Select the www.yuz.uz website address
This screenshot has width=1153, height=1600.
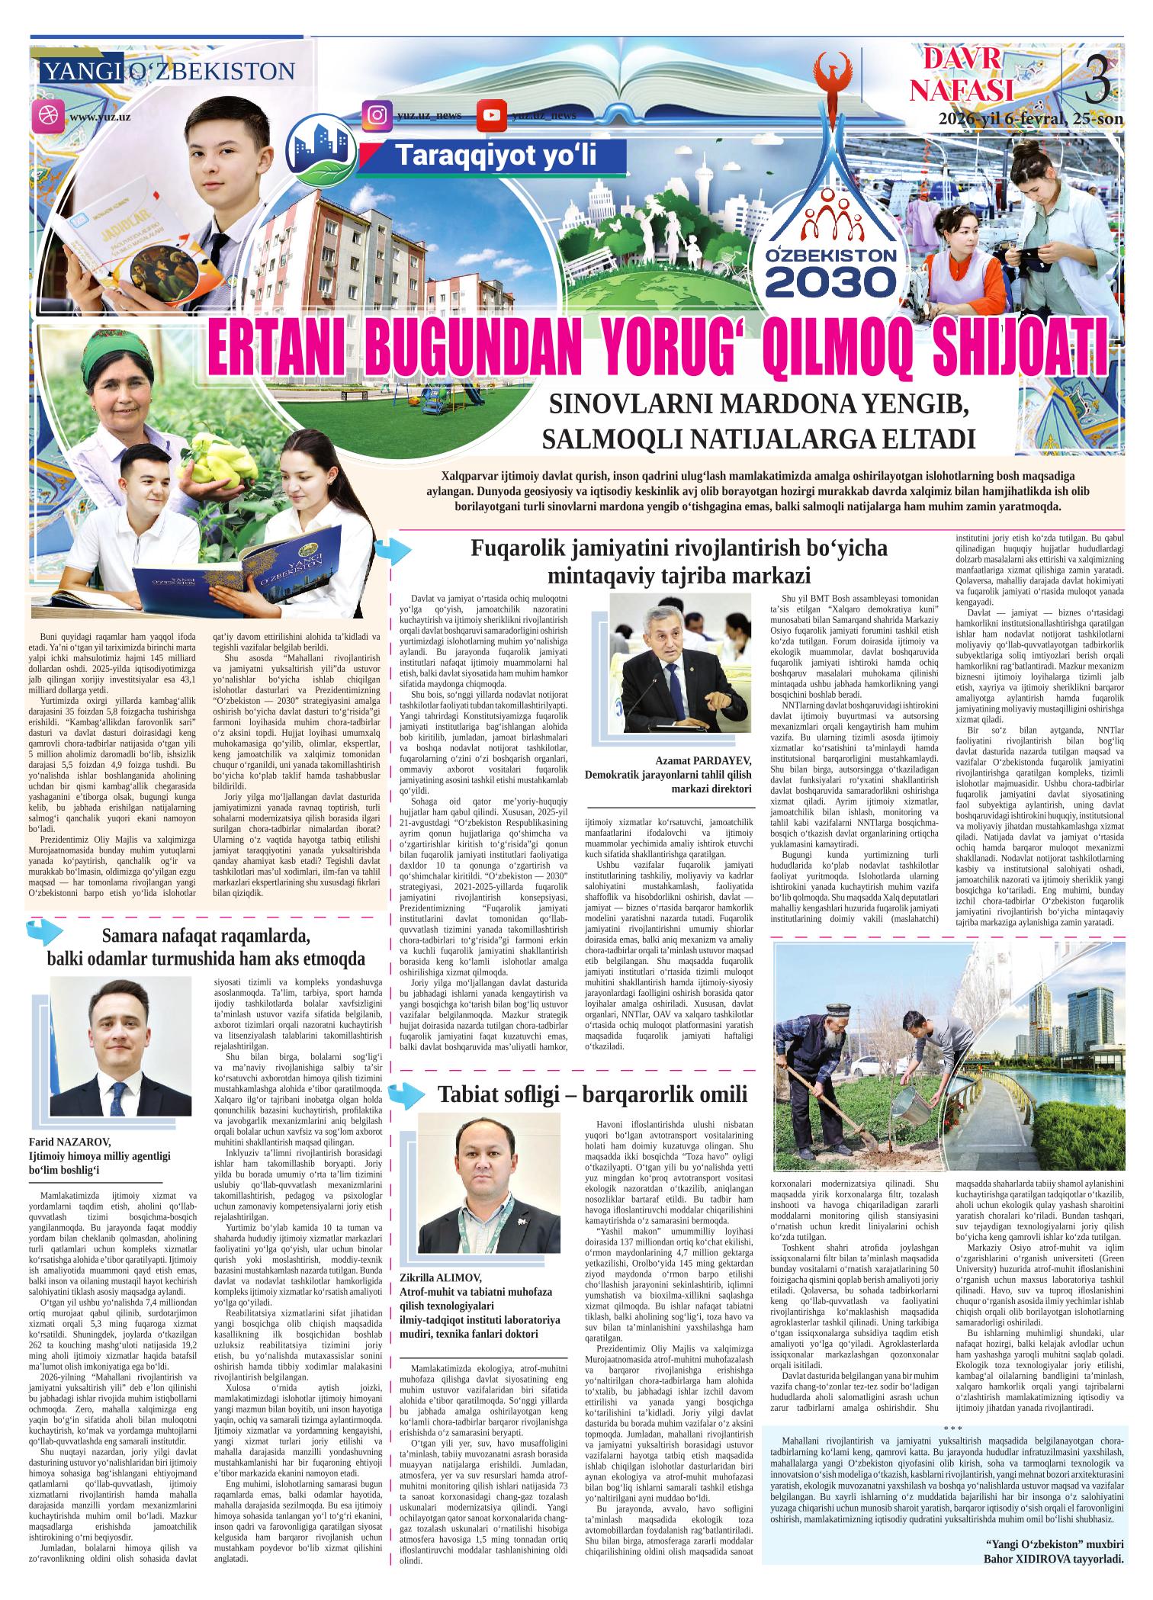pos(99,117)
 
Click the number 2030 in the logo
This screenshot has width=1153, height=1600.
pos(830,281)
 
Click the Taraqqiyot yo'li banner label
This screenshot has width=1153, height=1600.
pos(496,156)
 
